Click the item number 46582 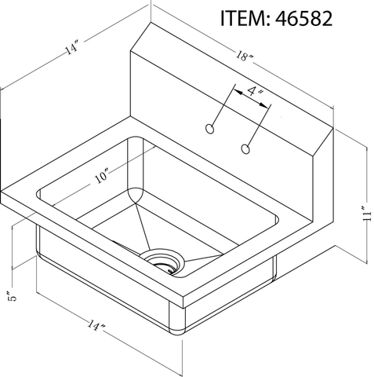(x=301, y=19)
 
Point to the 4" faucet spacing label (x=254, y=93)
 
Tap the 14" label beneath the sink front (x=97, y=324)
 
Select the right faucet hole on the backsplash (x=247, y=148)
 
